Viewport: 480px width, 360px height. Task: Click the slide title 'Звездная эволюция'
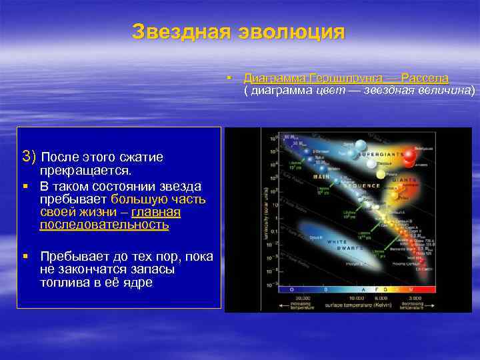pyautogui.click(x=239, y=32)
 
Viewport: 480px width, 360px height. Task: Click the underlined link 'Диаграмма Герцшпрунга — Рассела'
pyautogui.click(x=346, y=78)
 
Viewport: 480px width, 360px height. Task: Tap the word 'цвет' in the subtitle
pyautogui.click(x=331, y=90)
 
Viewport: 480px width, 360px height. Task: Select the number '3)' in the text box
pyautogui.click(x=30, y=157)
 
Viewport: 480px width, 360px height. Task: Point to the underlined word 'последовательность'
pyautogui.click(x=104, y=225)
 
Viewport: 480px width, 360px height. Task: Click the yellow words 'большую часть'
pyautogui.click(x=158, y=199)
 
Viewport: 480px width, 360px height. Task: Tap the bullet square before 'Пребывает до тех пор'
pyautogui.click(x=25, y=257)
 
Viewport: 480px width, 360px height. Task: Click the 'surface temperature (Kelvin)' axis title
pyautogui.click(x=353, y=303)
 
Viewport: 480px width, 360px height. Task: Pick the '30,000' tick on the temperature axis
pyautogui.click(x=301, y=297)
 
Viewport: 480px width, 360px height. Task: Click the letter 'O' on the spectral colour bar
pyautogui.click(x=290, y=289)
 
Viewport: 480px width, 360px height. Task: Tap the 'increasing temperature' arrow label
pyautogui.click(x=301, y=305)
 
